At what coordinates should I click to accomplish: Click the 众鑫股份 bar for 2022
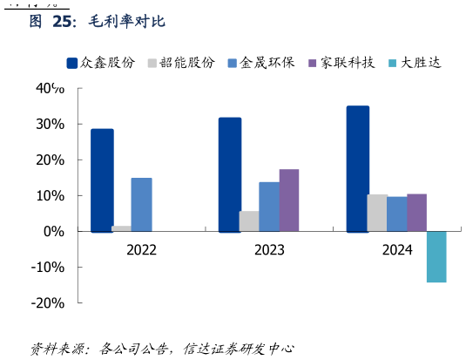coord(102,180)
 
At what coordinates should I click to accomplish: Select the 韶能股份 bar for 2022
coord(122,228)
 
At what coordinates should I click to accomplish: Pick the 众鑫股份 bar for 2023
coord(230,174)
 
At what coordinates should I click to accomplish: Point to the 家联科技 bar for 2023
coord(289,200)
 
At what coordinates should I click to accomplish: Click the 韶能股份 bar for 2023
coord(249,221)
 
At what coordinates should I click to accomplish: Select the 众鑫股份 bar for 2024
coord(358,169)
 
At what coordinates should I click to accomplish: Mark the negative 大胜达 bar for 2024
coord(436,256)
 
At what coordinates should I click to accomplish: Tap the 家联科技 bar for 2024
coord(417,213)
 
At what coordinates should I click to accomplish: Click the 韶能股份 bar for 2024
coord(377,213)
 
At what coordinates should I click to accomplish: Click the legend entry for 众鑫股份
coord(101,63)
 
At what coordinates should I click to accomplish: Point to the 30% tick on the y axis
coord(51,125)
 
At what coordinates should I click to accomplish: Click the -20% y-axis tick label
coord(49,303)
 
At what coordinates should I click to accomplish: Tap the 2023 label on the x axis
coord(269,250)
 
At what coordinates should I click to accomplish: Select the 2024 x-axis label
coord(397,250)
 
